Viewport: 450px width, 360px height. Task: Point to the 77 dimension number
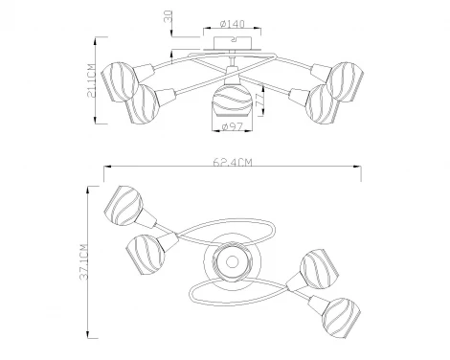tap(260, 97)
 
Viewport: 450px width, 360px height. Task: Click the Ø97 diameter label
tap(229, 127)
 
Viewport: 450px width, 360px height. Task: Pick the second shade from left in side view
tap(147, 101)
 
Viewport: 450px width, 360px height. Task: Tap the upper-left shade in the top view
tap(124, 204)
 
